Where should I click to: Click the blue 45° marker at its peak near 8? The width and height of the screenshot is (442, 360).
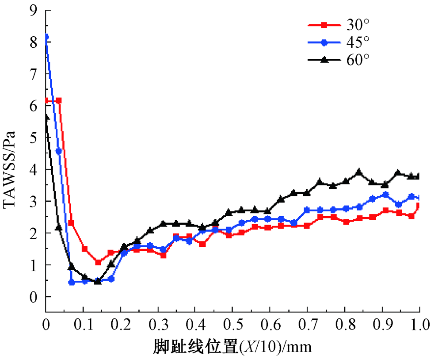click(46, 37)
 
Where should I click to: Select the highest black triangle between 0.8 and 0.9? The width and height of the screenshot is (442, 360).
click(359, 172)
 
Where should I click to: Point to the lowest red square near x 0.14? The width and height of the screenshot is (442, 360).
click(98, 262)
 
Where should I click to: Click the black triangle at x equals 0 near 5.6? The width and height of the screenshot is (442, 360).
click(46, 117)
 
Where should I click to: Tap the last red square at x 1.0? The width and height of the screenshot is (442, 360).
click(418, 205)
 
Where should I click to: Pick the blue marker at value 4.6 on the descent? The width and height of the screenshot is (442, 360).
click(59, 151)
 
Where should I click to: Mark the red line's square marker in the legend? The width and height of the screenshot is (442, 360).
click(324, 25)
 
